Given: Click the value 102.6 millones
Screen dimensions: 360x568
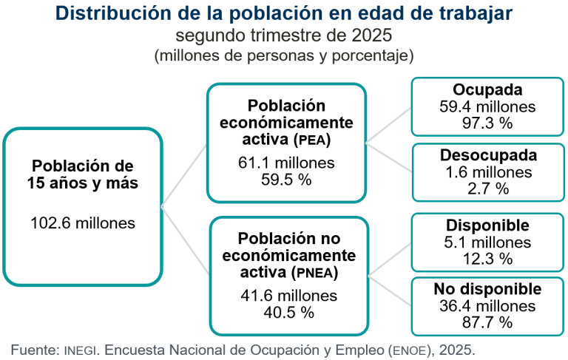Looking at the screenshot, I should click(83, 223).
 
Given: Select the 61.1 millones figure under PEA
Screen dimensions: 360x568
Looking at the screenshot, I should click(286, 163).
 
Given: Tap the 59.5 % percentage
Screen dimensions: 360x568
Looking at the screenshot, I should click(286, 179).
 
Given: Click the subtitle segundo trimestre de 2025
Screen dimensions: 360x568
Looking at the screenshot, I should click(284, 35).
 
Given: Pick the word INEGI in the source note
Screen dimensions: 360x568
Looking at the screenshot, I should click(82, 348).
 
